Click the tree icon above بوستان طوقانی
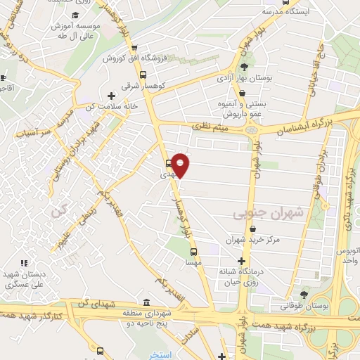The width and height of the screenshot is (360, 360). tap(304, 295)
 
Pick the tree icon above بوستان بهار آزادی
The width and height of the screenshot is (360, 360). tap(243, 68)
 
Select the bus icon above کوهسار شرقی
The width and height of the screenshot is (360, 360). tap(143, 74)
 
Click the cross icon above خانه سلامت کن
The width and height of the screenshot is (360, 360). tap(110, 95)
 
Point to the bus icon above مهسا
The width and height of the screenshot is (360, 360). tap(192, 250)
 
